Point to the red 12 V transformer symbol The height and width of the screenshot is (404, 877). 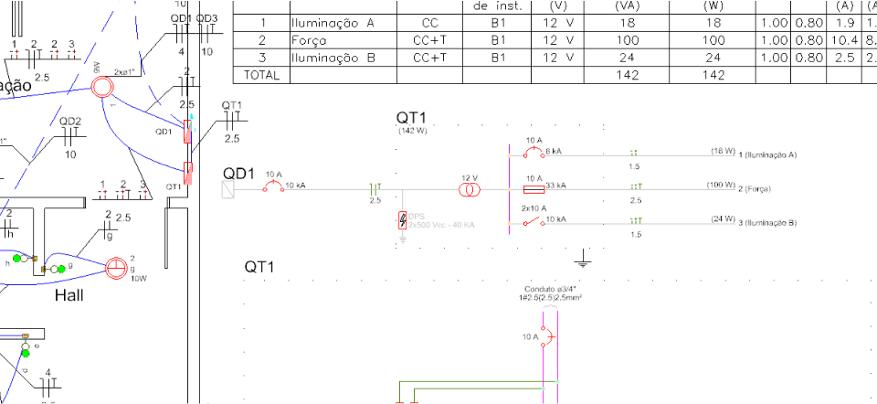click(470, 190)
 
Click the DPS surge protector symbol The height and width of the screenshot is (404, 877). click(404, 221)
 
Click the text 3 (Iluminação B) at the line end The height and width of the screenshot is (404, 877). click(768, 222)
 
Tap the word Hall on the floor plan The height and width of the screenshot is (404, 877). click(70, 295)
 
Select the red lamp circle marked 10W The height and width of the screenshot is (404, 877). click(115, 269)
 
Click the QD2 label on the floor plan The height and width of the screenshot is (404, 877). click(70, 122)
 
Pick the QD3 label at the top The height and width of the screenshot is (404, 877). click(206, 19)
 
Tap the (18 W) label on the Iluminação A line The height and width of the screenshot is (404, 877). click(723, 150)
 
